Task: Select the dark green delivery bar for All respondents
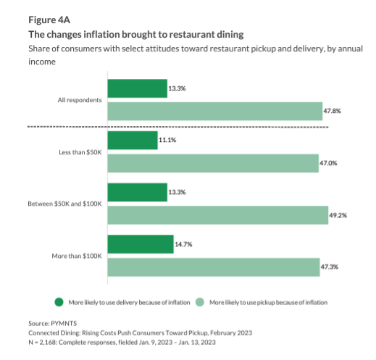click(137, 88)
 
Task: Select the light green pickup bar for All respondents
click(214, 111)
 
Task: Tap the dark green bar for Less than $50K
click(132, 140)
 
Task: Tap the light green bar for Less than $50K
click(212, 163)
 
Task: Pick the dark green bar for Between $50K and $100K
click(137, 192)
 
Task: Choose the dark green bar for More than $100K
click(140, 244)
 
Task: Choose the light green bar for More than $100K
click(213, 267)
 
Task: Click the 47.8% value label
click(332, 112)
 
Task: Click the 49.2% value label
click(338, 215)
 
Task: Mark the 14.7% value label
click(184, 244)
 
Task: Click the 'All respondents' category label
click(80, 99)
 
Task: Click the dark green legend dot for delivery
click(58, 301)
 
